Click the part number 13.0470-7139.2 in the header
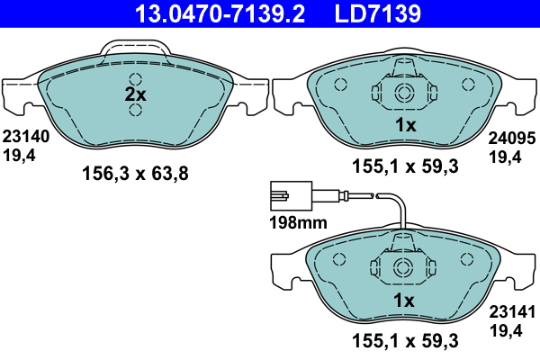220,13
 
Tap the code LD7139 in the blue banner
378,13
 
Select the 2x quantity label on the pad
135,94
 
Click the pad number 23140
26,137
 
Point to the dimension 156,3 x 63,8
135,174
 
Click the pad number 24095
512,139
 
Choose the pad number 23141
512,312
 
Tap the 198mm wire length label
298,222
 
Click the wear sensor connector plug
292,195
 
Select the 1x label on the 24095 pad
406,125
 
